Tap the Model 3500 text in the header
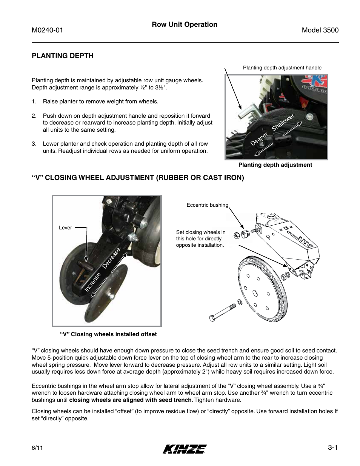[320, 31]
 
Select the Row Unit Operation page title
[185, 25]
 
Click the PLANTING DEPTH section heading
[62, 56]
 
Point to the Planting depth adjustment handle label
[282, 68]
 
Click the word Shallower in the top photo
[283, 123]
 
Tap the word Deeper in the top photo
[260, 140]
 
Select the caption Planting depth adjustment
[275, 165]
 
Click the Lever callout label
[65, 228]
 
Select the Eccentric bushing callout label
[207, 205]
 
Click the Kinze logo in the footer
[185, 449]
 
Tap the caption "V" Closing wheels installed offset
[108, 334]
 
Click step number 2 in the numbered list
[34, 116]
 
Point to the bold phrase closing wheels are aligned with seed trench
[130, 400]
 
